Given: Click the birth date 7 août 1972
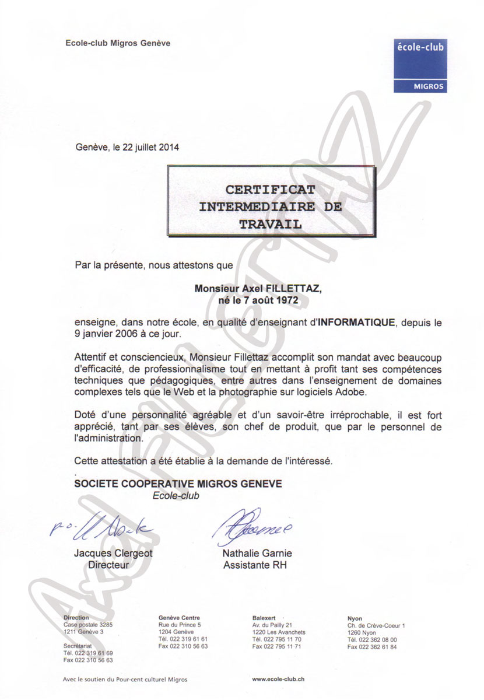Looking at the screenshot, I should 278,300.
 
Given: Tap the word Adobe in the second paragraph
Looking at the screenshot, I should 351,393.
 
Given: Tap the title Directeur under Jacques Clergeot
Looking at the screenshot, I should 108,565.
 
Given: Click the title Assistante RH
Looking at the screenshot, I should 255,565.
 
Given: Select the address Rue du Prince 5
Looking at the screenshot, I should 180,625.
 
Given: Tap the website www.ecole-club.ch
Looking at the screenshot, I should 278,679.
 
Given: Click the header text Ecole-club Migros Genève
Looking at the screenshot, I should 118,43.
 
